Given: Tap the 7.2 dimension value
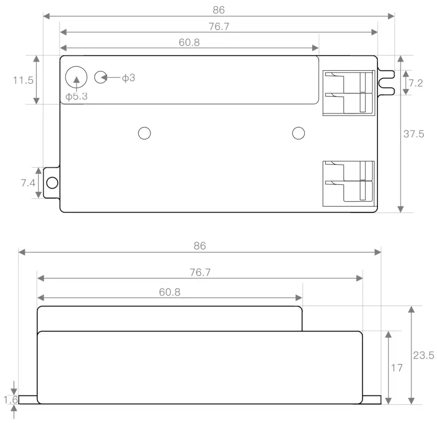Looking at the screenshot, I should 415,83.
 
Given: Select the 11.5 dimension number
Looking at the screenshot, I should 23,80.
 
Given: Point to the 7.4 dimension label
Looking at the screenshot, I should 28,183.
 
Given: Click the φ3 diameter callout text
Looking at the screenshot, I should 128,78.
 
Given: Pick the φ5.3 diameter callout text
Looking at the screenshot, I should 76,96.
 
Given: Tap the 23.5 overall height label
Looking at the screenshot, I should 423,355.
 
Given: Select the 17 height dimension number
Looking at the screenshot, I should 397,368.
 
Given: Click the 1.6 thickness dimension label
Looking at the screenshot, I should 11,400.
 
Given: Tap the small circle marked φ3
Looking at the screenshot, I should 101,77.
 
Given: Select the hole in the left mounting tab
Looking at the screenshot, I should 52,183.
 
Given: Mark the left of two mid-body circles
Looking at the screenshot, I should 144,133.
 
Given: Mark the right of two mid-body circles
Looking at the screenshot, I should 299,133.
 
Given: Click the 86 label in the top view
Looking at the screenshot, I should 218,10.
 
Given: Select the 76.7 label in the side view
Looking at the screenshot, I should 200,273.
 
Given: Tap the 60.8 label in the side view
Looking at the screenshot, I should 170,292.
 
